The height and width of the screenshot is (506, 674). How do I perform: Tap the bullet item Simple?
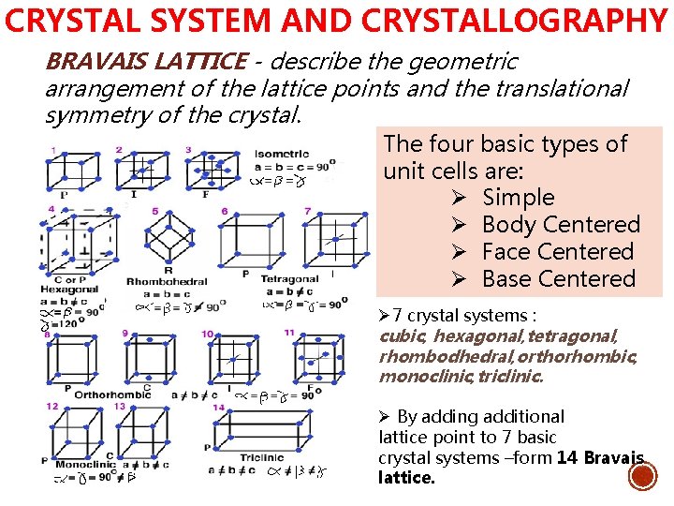(x=518, y=198)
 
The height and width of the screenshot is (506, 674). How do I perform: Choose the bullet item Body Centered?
(x=561, y=225)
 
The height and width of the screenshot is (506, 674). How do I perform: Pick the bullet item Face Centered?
(x=557, y=252)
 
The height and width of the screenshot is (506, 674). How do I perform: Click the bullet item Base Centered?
(x=558, y=279)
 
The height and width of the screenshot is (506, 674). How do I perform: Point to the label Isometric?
(x=282, y=155)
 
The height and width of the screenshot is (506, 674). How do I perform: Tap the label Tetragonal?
(x=289, y=279)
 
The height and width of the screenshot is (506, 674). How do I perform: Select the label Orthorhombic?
(x=112, y=394)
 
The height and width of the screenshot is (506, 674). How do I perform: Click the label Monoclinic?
(x=85, y=464)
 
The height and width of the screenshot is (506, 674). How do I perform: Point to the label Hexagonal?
(x=68, y=290)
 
